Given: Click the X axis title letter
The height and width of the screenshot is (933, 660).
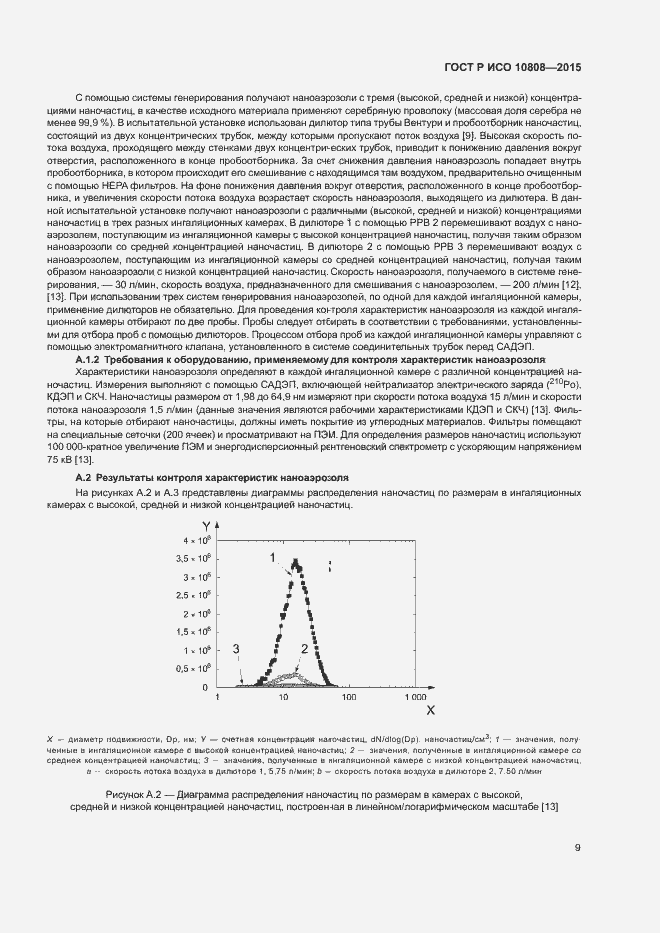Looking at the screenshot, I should (431, 711).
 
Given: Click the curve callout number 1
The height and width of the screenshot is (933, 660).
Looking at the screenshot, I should (271, 556).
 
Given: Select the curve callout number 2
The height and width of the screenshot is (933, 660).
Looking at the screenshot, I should (303, 649).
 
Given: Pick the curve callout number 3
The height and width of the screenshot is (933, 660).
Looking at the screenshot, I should (236, 649).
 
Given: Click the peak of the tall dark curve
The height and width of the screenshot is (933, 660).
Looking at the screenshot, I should (295, 560).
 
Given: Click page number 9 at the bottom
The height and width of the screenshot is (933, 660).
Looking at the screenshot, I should (577, 848).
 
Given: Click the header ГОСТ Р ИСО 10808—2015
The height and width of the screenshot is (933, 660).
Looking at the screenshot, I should (512, 67).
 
